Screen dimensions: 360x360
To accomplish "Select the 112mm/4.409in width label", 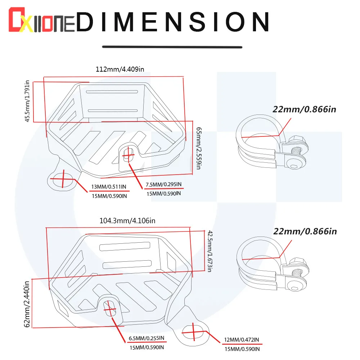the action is coord(120,69).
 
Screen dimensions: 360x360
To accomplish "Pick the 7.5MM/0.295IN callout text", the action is coord(163,185).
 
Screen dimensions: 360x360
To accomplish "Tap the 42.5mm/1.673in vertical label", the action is coord(209,251).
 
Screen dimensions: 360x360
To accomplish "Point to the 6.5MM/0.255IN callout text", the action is coord(146,338).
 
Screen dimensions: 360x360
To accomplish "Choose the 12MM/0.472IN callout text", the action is coord(241,340).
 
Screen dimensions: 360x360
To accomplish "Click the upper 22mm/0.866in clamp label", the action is coord(305,109).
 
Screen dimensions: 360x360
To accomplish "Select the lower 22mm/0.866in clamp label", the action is coord(305,231).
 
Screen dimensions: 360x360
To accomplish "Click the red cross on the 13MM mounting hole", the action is coord(64,178).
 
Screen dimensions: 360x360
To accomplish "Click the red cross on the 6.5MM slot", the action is coord(110,307).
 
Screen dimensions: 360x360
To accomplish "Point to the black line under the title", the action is coord(172,47).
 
